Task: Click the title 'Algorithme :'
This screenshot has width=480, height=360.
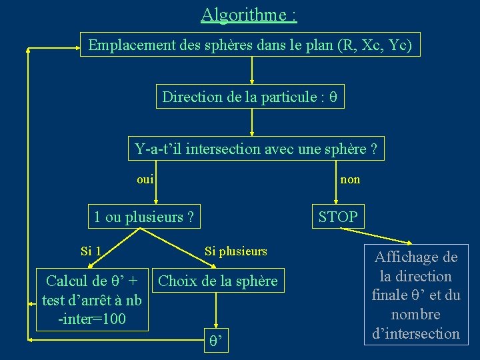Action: click(x=249, y=14)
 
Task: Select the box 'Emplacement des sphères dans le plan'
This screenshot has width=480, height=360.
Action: click(x=250, y=45)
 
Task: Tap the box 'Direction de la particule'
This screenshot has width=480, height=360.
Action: click(x=250, y=97)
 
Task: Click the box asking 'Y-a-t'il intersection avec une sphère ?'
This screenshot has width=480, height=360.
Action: click(x=255, y=149)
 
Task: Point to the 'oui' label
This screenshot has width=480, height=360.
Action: click(x=145, y=179)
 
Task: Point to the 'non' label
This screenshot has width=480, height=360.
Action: click(x=350, y=179)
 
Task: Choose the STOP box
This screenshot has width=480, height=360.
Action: click(x=338, y=217)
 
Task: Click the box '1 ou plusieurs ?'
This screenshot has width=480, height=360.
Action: click(x=145, y=217)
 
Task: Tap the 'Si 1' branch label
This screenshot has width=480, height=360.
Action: click(x=91, y=251)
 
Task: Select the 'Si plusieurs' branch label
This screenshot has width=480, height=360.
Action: click(x=235, y=251)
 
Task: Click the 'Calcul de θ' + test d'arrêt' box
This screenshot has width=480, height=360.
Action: click(x=91, y=300)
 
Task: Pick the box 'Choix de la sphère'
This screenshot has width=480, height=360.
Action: click(x=217, y=281)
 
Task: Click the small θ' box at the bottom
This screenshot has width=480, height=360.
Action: click(x=216, y=343)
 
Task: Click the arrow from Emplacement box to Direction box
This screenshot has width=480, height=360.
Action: click(x=251, y=70)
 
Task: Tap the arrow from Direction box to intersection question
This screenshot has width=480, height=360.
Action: click(x=251, y=123)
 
